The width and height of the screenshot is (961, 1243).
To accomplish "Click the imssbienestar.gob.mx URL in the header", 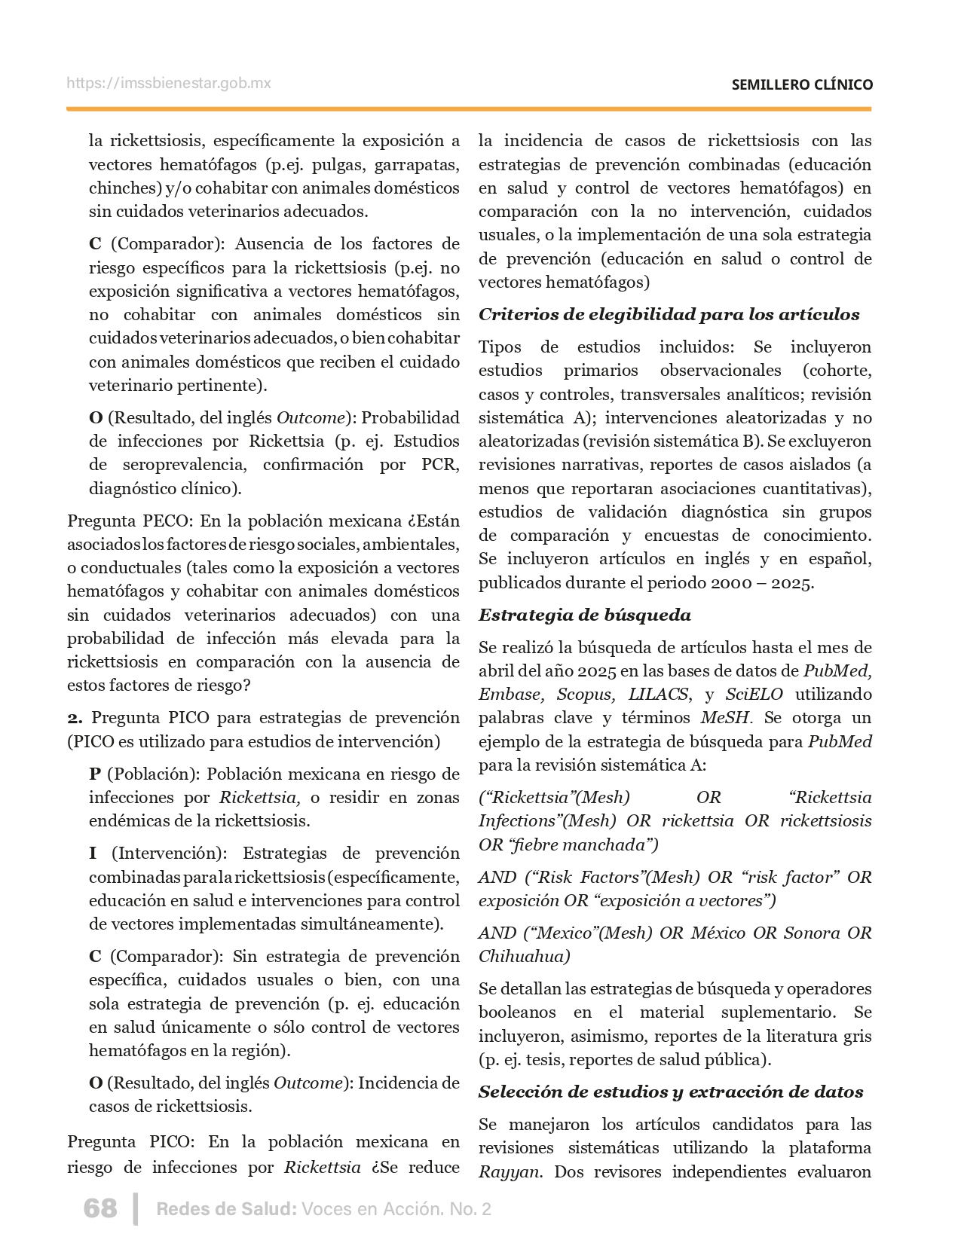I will click(169, 84).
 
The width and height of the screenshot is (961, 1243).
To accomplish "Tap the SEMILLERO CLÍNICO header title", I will click(802, 84).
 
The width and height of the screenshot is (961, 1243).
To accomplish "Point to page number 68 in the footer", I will click(100, 1208).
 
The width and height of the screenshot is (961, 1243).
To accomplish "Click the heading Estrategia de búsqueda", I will click(584, 615).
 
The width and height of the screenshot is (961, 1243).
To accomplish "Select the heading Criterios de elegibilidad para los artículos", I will click(669, 314).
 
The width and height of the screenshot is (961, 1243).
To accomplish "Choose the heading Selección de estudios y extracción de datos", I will click(671, 1092).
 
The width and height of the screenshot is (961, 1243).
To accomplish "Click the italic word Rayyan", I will click(510, 1171).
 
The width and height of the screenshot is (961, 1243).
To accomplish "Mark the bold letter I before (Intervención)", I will click(93, 853).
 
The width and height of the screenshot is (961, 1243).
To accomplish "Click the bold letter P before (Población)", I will click(95, 774).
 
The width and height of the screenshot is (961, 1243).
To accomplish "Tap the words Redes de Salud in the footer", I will click(225, 1209).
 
